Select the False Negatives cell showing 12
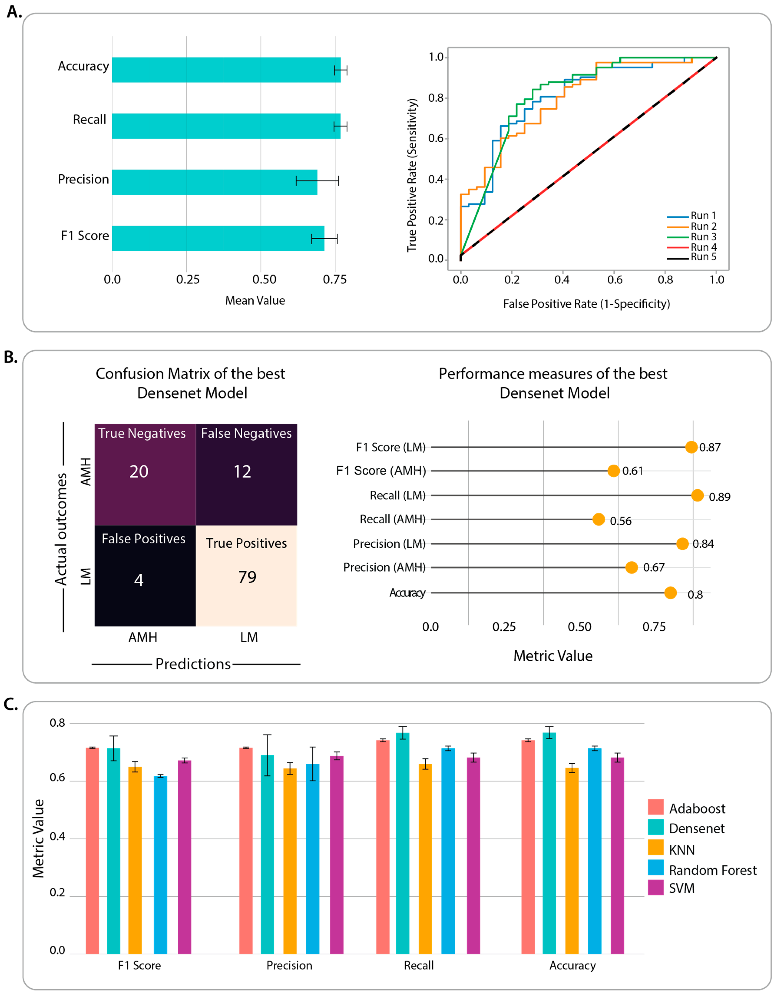point(247,474)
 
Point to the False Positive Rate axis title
point(586,304)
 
